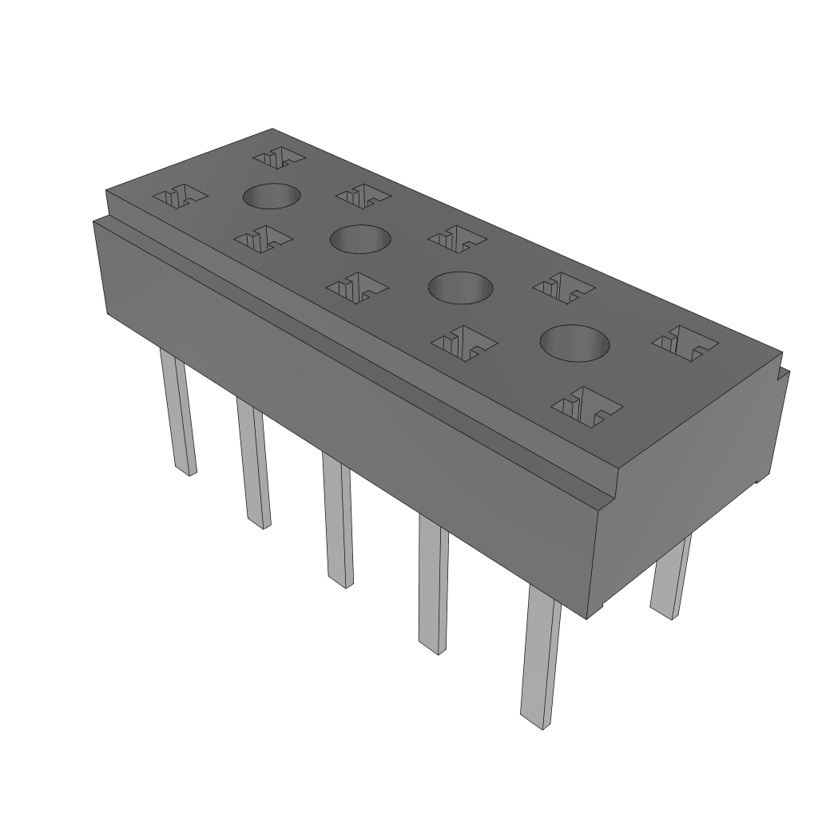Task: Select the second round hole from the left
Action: (360, 238)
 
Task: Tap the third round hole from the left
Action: (460, 287)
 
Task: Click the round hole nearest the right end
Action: (574, 343)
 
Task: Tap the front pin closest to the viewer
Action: (540, 659)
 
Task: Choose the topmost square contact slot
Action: (279, 157)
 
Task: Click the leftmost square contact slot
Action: (180, 196)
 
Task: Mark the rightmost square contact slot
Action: (685, 342)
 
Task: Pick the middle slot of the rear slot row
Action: (457, 237)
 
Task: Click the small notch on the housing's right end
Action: (784, 375)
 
